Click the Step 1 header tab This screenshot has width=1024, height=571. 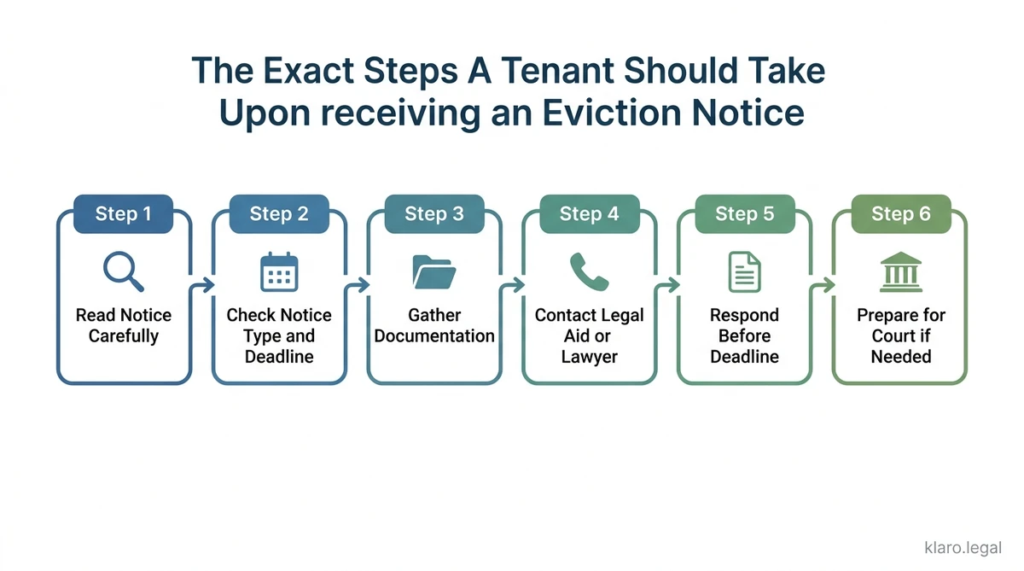click(124, 213)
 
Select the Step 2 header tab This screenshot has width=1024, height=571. click(279, 213)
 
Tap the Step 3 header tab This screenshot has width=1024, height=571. click(434, 213)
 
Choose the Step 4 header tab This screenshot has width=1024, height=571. click(589, 213)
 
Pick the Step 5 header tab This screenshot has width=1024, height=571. click(744, 213)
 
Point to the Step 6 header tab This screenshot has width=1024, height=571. click(900, 213)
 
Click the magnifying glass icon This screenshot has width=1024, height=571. click(124, 272)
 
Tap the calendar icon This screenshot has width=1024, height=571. click(279, 272)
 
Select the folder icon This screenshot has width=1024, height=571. click(434, 272)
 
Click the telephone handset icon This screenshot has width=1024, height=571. click(589, 272)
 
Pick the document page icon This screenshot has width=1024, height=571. click(744, 272)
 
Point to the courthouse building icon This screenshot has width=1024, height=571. click(900, 272)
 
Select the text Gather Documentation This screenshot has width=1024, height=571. click(434, 326)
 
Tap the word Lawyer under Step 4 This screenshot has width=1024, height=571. click(589, 357)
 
